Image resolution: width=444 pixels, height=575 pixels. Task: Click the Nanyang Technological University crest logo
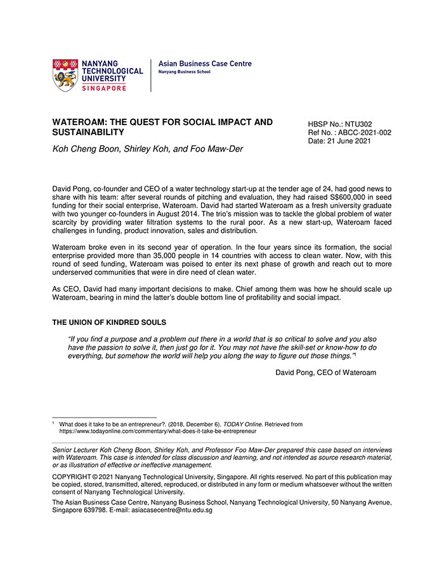[x=65, y=76]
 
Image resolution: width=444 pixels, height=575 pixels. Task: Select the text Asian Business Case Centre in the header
[x=205, y=63]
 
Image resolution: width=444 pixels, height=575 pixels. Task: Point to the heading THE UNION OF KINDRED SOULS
[x=109, y=322]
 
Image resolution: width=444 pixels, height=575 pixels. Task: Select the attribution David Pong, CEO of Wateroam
[x=325, y=373]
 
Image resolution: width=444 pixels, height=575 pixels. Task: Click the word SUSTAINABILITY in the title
[x=88, y=132]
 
